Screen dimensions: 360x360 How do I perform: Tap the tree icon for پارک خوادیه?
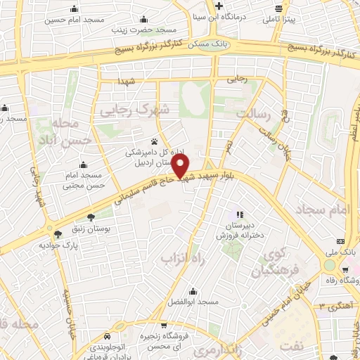(x=57, y=235)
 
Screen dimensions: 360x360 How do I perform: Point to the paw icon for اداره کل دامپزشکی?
(x=155, y=141)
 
